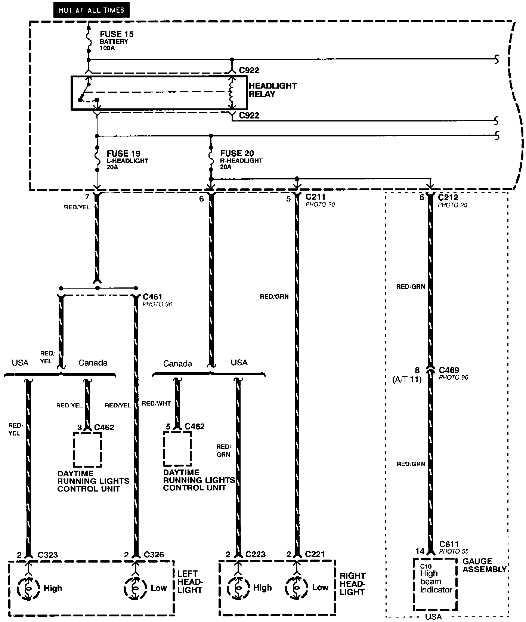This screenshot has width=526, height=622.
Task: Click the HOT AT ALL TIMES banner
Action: pyautogui.click(x=91, y=10)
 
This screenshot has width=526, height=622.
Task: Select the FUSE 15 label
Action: pyautogui.click(x=117, y=34)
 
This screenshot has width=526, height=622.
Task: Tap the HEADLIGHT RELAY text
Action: pyautogui.click(x=272, y=90)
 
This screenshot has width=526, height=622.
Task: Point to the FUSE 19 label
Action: pyautogui.click(x=123, y=153)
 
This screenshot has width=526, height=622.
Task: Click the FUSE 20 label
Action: pyautogui.click(x=237, y=153)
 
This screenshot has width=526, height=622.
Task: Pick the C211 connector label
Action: pyautogui.click(x=315, y=197)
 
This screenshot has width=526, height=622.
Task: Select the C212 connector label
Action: pyautogui.click(x=448, y=197)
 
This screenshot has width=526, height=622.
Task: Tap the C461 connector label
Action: pyautogui.click(x=152, y=297)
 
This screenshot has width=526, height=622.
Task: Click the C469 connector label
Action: pyautogui.click(x=449, y=370)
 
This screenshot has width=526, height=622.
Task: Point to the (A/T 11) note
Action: pyautogui.click(x=407, y=379)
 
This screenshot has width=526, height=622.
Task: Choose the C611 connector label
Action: pyautogui.click(x=449, y=544)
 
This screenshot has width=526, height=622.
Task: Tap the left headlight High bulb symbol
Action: pyautogui.click(x=28, y=588)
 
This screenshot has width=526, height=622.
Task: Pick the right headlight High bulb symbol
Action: pyautogui.click(x=238, y=587)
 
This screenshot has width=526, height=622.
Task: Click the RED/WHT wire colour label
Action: pyautogui.click(x=156, y=403)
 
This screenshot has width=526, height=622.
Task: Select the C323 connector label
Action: pyautogui.click(x=48, y=554)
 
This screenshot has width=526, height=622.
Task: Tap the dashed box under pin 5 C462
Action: pyautogui.click(x=177, y=449)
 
